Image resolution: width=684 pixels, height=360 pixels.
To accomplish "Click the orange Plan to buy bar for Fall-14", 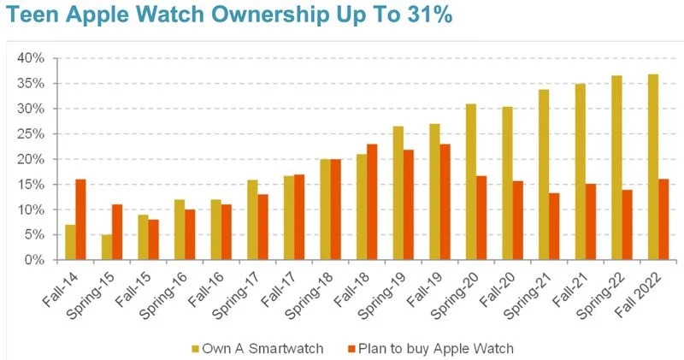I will tap(80, 220).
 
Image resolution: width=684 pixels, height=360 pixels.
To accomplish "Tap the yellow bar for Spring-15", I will tap(106, 247).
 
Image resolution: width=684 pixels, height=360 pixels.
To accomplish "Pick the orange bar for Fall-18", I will tap(371, 202).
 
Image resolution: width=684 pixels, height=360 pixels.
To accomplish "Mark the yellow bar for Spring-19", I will tap(398, 193).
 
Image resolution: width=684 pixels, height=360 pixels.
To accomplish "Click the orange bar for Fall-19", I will tap(444, 202).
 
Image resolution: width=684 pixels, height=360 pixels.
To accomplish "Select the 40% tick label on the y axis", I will tap(31, 58).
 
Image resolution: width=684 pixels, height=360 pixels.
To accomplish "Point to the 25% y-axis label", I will tap(31, 134).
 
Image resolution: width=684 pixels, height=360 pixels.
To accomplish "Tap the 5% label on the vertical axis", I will tap(34, 235).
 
